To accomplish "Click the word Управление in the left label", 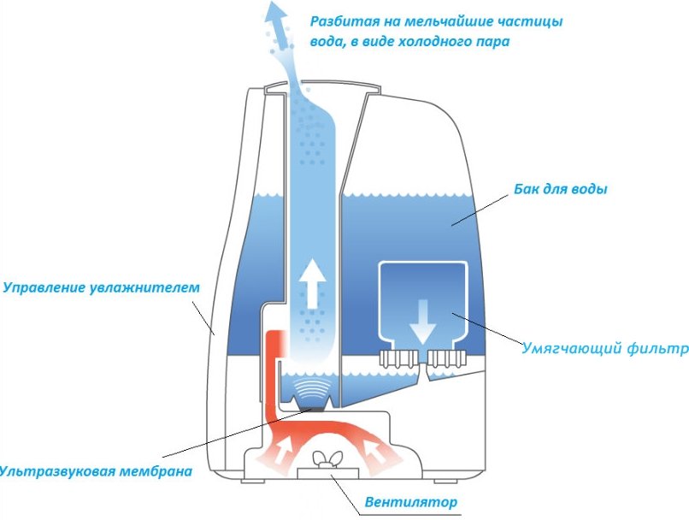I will tap(44, 287).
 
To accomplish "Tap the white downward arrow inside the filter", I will tap(421, 320).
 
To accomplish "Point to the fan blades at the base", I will tap(326, 460).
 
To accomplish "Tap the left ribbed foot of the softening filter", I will tap(395, 357).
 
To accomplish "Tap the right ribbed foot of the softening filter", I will tap(447, 357).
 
